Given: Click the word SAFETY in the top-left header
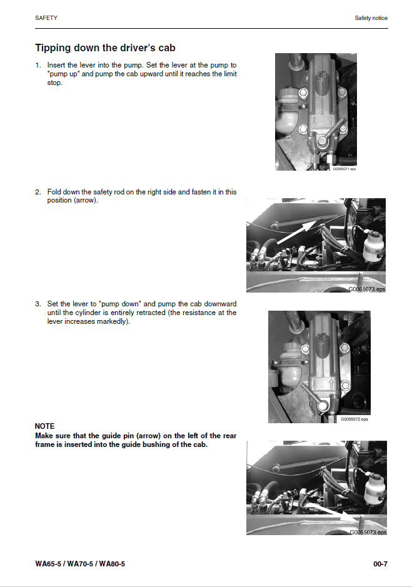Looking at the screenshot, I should (x=46, y=18).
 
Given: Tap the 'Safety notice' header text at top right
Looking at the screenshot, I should (x=371, y=18).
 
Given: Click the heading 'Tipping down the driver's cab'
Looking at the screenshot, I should (x=105, y=48).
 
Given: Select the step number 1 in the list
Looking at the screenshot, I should (x=38, y=65).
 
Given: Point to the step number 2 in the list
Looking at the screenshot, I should (x=38, y=192).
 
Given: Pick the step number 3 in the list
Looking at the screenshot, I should (x=38, y=304).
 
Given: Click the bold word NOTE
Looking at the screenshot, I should (x=44, y=426).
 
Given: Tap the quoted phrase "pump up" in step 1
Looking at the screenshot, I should (x=61, y=74).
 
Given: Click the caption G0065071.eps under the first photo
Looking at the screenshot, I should (x=344, y=169).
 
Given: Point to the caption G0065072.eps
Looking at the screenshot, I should (x=354, y=419).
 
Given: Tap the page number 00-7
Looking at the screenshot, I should (x=380, y=564).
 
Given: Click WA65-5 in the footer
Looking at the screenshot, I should (x=48, y=564).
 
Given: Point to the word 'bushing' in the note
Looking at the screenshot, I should (x=162, y=444).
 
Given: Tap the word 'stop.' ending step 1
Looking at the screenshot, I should (x=55, y=83).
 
